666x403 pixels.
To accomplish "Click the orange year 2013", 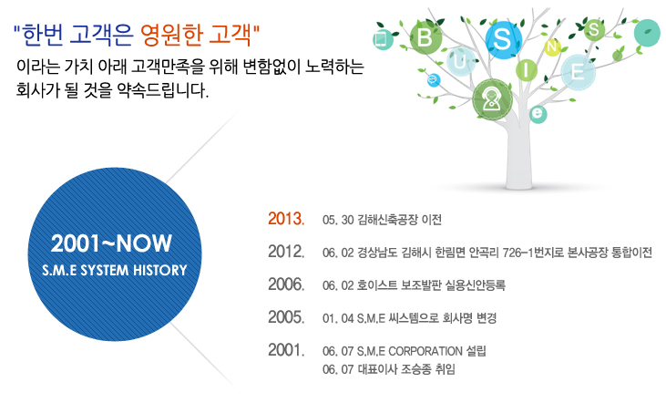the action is tap(286, 219).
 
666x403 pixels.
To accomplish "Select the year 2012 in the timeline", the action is tap(286, 252).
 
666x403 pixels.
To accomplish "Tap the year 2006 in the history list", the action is tap(286, 284).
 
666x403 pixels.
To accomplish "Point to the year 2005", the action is tap(286, 317).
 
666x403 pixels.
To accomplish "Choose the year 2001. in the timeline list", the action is tap(286, 350).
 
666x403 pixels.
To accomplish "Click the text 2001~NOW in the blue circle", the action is tap(111, 243).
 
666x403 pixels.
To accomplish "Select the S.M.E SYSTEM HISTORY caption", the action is tap(115, 271).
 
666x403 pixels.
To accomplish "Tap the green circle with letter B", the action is tap(425, 37).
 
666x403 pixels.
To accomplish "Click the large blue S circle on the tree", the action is tap(503, 39).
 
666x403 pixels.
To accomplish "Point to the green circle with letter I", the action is tap(527, 70).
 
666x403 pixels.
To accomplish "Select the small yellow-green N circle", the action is tap(552, 46).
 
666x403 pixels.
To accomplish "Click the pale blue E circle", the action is tap(578, 72).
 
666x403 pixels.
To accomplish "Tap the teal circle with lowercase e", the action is tap(538, 114).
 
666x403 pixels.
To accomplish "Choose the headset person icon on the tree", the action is tap(492, 99).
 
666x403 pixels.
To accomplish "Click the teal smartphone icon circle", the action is tap(383, 40).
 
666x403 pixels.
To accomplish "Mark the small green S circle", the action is tap(594, 30).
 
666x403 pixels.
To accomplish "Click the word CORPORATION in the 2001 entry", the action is tap(425, 351).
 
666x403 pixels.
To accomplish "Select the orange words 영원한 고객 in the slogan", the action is tap(196, 36).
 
